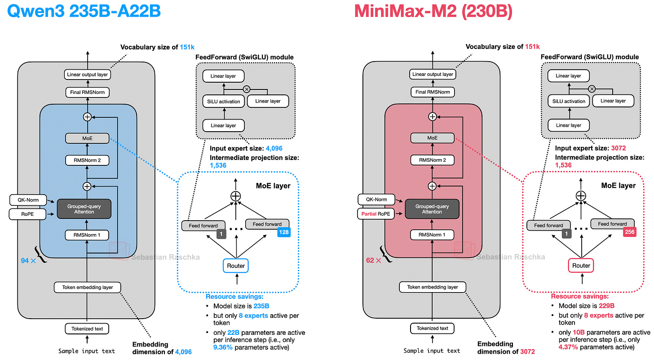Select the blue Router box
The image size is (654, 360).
point(236,266)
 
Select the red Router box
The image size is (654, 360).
point(581,266)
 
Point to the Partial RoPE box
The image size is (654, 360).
point(376,214)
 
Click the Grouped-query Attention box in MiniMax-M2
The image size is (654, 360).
point(432,209)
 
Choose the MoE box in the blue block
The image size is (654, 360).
point(87,139)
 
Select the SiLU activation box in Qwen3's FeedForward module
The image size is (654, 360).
point(223,101)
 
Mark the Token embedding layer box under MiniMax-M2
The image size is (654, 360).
point(432,287)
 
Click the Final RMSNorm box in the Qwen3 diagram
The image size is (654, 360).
point(87,92)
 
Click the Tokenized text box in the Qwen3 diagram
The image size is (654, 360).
point(87,329)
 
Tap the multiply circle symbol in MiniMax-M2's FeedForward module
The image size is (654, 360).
point(592,89)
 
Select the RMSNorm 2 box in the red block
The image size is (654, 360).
point(432,160)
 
